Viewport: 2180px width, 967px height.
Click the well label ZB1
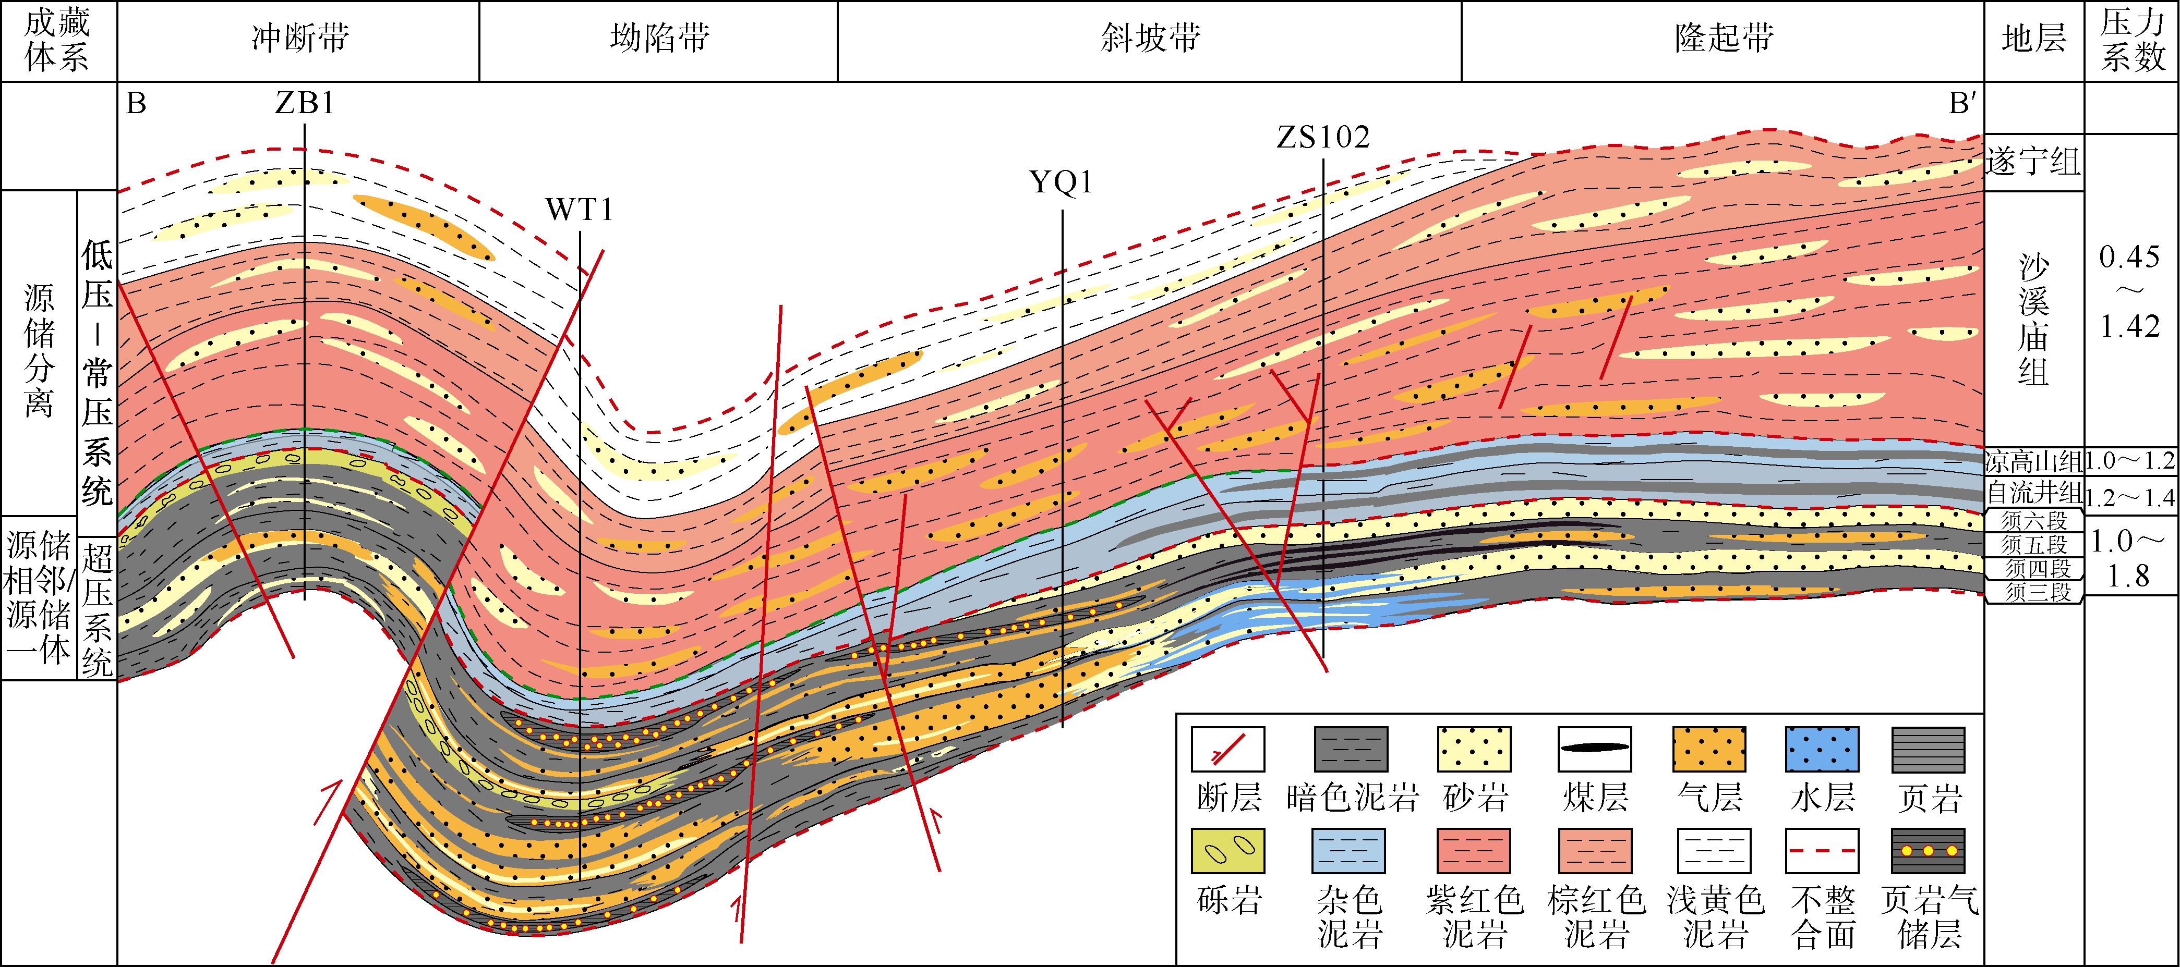[x=305, y=103]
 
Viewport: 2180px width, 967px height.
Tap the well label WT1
[x=579, y=210]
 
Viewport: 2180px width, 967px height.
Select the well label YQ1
[x=1061, y=182]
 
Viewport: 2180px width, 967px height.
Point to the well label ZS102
[x=1323, y=137]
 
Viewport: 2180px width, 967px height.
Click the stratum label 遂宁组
[x=2033, y=161]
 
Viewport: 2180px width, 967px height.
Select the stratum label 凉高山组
[x=2033, y=461]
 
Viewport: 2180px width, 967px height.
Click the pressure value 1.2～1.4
[x=2129, y=497]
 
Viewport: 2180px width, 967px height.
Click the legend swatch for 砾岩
[x=1228, y=850]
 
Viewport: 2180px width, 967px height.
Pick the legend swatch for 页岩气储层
[x=1928, y=850]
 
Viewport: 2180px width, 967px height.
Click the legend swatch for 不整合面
[x=1822, y=850]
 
